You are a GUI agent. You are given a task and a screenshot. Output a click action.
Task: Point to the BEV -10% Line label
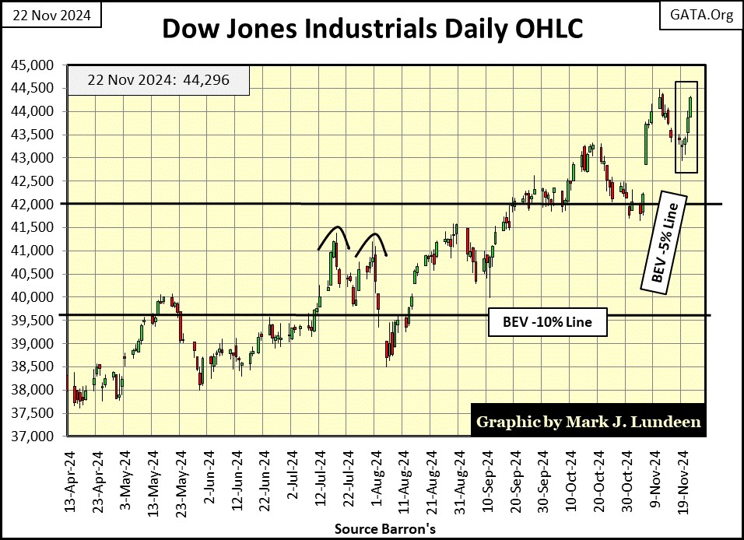point(546,323)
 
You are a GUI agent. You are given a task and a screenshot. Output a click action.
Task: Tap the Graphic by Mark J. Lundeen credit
point(588,422)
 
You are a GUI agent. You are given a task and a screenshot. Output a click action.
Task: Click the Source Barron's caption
point(372,528)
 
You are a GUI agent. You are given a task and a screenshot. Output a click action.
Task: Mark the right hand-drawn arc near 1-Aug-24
point(372,241)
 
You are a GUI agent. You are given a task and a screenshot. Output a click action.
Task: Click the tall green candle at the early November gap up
point(646,144)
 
